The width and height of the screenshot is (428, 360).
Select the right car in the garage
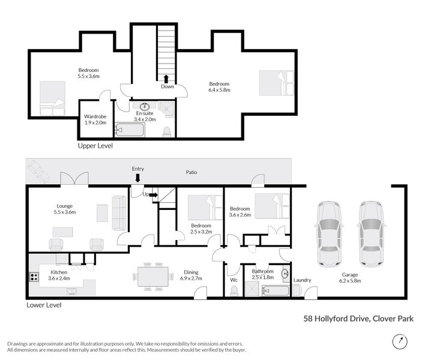370,233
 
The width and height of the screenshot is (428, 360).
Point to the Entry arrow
137,178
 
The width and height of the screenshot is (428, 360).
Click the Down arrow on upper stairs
165,79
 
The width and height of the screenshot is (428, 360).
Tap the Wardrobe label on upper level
95,116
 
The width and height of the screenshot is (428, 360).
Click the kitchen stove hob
33,278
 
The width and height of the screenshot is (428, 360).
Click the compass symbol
399,341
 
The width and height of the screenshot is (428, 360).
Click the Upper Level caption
95,146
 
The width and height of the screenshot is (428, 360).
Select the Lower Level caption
44,305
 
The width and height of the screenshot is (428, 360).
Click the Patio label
191,172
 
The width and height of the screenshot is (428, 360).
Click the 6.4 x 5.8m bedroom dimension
219,90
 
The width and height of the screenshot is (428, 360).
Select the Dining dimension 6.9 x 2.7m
192,278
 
